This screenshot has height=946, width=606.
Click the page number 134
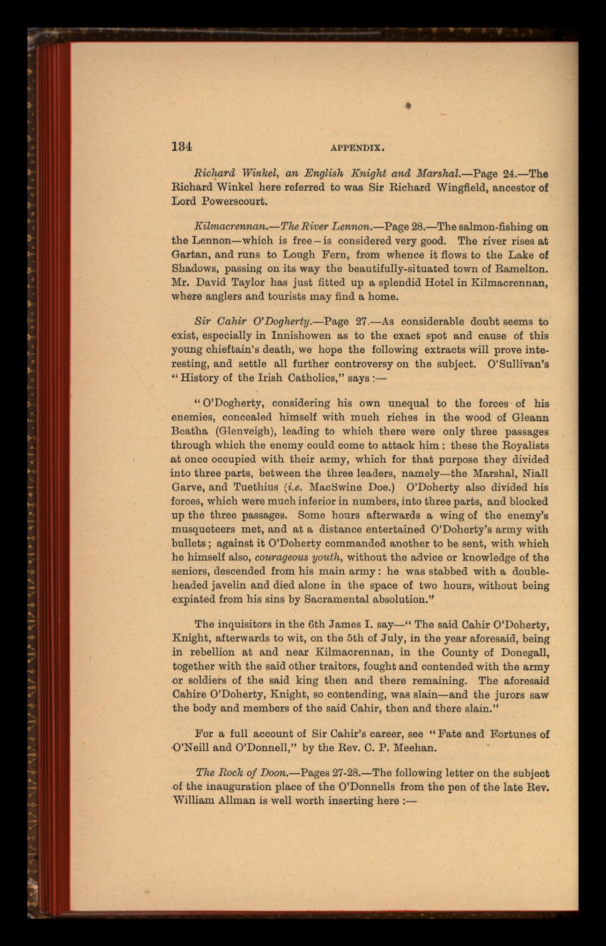point(182,147)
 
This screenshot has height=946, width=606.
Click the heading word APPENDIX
point(357,148)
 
